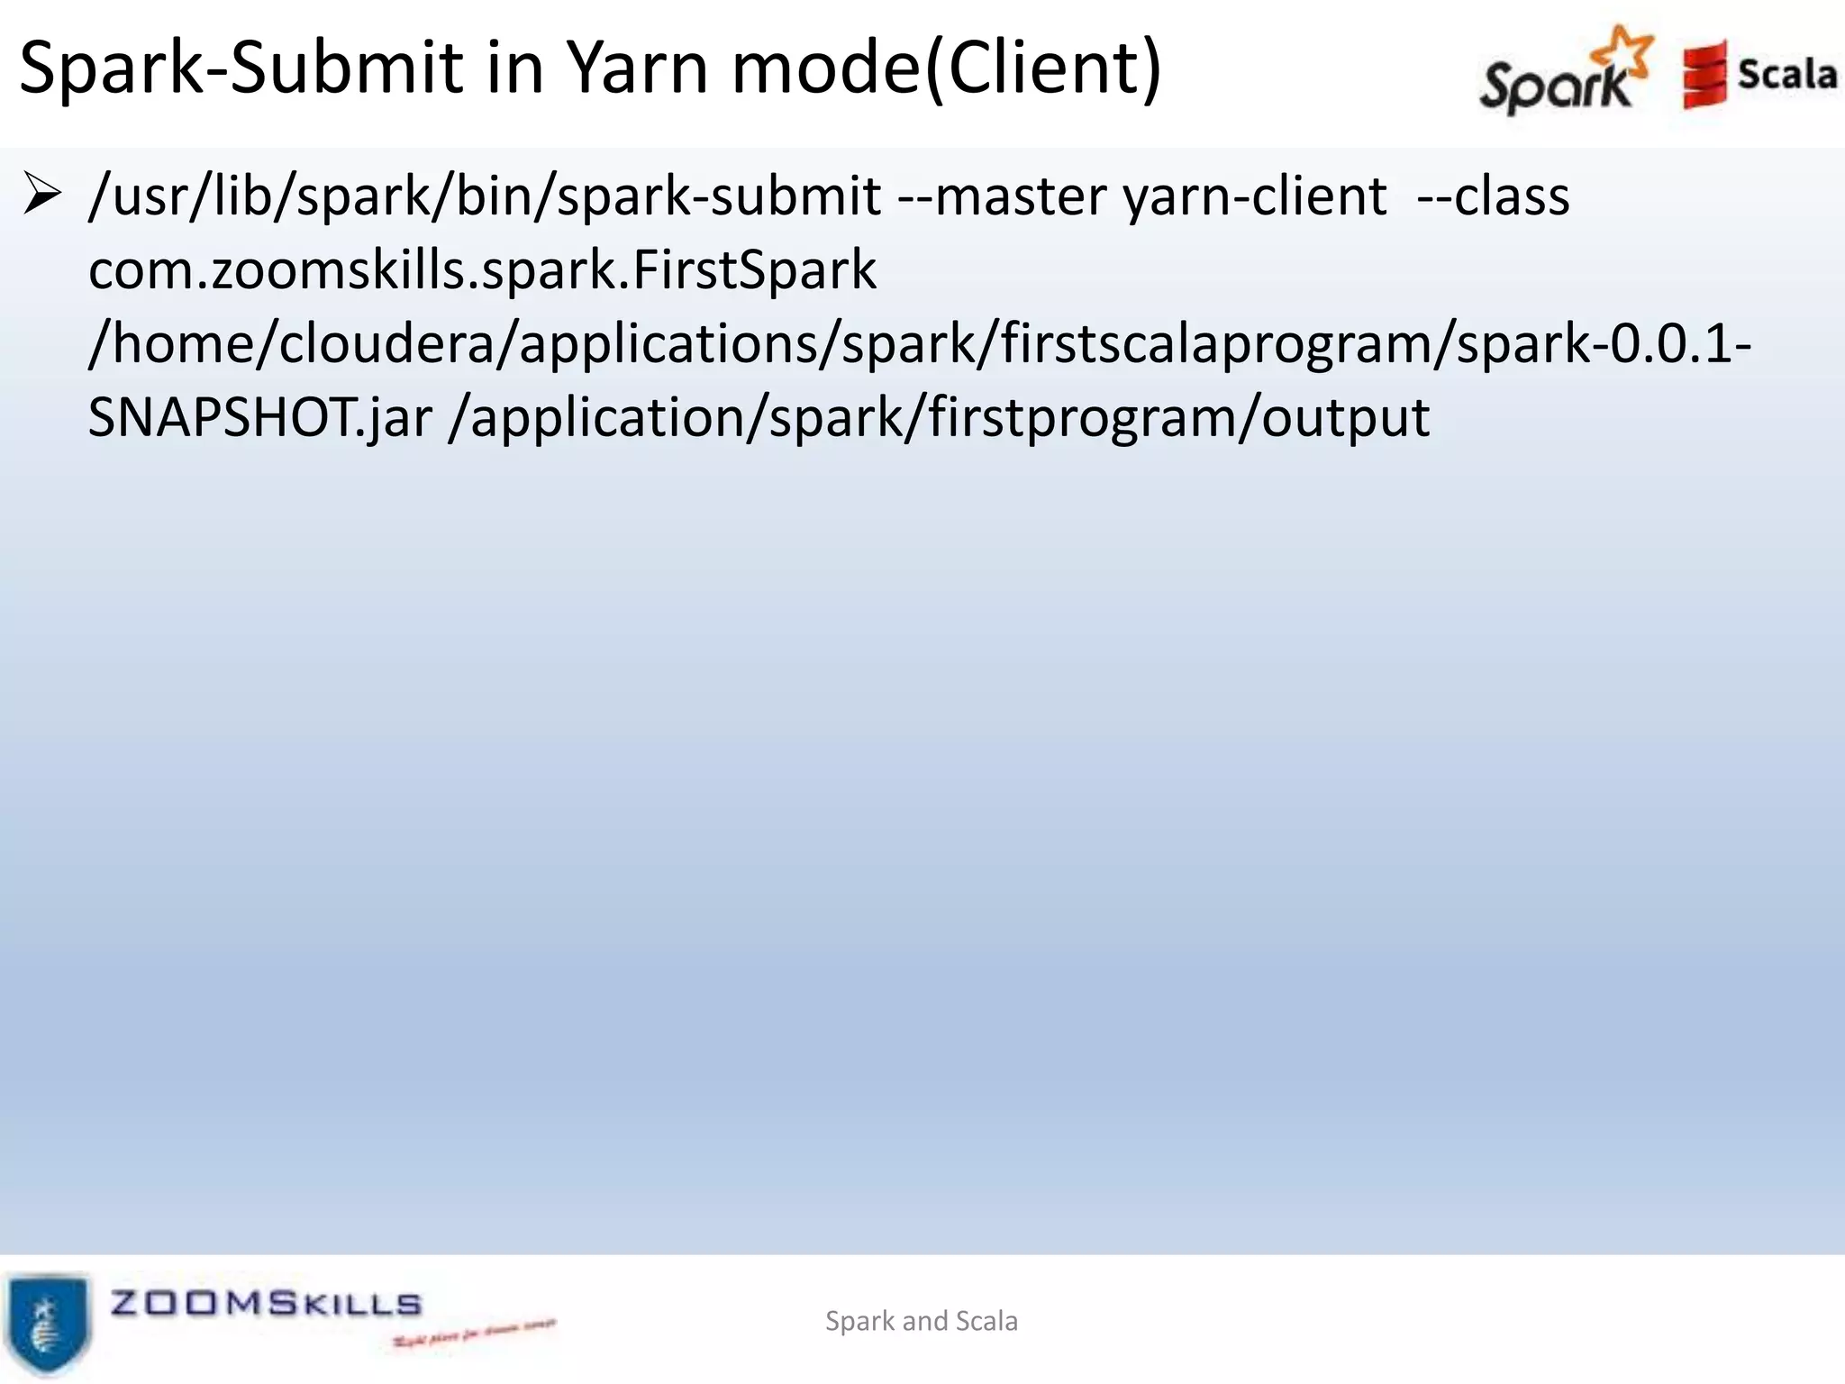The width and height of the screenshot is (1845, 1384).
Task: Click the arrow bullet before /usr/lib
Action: point(41,196)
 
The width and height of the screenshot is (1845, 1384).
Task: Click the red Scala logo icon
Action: point(1704,75)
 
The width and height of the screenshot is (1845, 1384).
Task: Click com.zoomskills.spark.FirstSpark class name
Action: point(482,270)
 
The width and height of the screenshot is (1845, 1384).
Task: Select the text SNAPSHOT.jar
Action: point(260,418)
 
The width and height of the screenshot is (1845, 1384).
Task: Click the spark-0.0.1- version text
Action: point(1604,345)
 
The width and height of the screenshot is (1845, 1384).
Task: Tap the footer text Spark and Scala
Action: point(922,1321)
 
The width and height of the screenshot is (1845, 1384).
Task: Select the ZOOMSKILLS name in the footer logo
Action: point(266,1303)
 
